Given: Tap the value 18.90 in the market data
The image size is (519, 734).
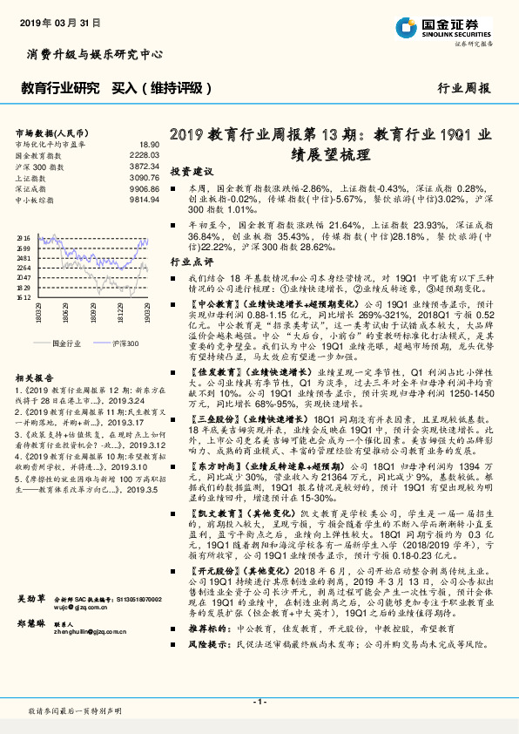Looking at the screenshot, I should [150, 144].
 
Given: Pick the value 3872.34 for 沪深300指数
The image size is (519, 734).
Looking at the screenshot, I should [145, 165].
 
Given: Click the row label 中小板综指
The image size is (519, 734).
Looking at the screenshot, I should [36, 200].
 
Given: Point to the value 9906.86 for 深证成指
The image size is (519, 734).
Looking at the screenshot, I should [145, 188].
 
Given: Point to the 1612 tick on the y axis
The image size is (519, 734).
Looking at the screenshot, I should [24, 296].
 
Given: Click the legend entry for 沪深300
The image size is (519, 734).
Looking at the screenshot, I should [121, 343].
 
